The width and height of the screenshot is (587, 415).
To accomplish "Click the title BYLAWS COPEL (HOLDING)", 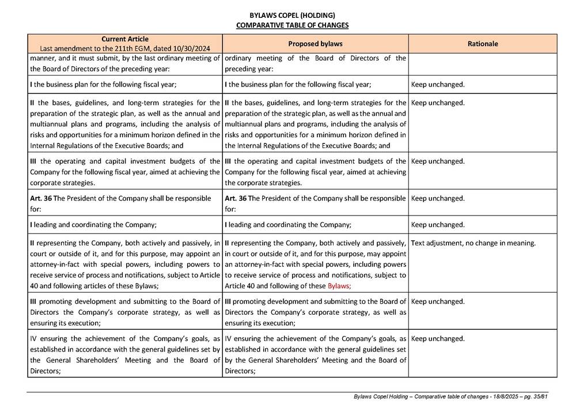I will [292, 15].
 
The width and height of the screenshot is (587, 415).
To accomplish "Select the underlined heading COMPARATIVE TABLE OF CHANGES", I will [292, 25].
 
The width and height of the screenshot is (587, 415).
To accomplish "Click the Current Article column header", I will [124, 39].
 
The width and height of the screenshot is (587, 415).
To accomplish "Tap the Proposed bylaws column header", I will [315, 44].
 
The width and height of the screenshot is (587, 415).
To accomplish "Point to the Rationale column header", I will [483, 44].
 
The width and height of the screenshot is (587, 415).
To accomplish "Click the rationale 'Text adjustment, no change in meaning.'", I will [474, 243].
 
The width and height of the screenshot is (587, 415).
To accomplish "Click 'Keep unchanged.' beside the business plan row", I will [438, 84].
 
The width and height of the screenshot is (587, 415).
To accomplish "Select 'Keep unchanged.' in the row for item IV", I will [438, 338].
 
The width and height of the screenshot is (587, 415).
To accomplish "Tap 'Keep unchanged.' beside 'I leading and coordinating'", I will [438, 225].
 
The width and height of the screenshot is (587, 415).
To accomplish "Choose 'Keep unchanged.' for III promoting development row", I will [438, 301].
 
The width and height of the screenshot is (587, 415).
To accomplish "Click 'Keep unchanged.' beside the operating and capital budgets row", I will [438, 161].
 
